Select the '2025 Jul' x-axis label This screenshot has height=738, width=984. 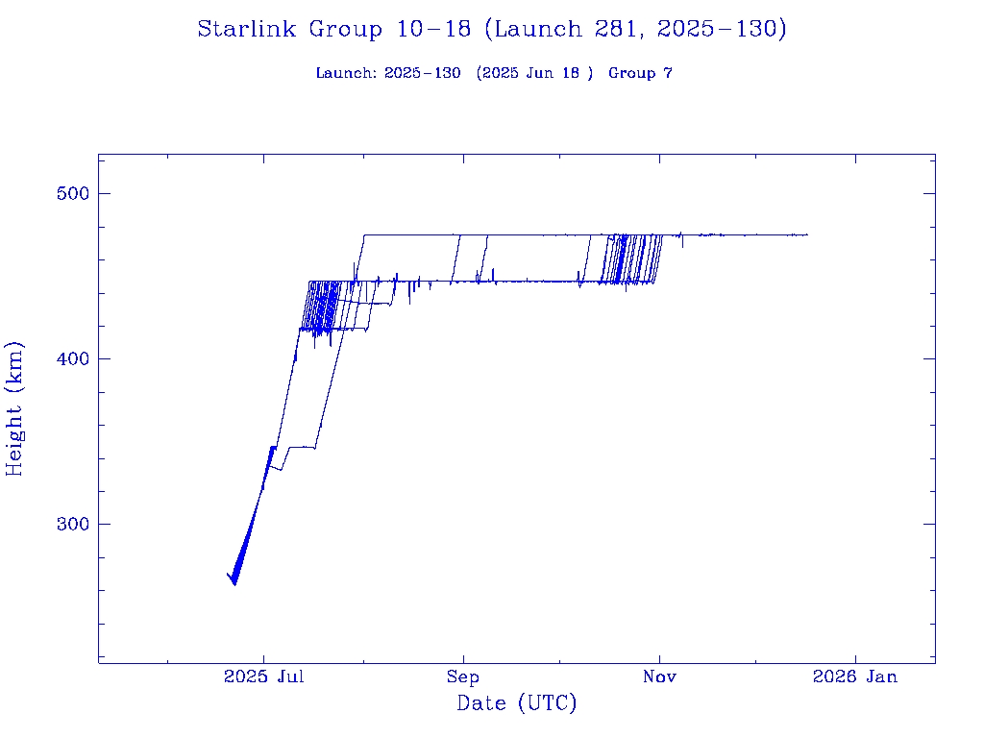point(264,676)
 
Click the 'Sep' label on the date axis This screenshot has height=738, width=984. point(462,676)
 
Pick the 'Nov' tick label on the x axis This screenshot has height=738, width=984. point(659,676)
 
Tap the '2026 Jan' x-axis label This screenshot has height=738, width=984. point(855,676)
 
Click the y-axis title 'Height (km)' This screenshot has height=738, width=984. point(14,408)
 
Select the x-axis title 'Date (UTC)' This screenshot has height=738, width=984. point(517,703)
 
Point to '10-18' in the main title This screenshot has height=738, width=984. point(433,29)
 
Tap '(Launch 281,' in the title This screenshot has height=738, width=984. point(566,29)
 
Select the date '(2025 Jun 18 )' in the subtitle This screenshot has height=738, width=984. point(534,73)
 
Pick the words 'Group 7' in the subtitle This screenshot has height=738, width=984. point(640,73)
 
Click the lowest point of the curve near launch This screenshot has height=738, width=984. point(234,583)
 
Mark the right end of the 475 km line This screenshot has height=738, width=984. point(807,234)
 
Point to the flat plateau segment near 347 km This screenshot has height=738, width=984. point(302,447)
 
